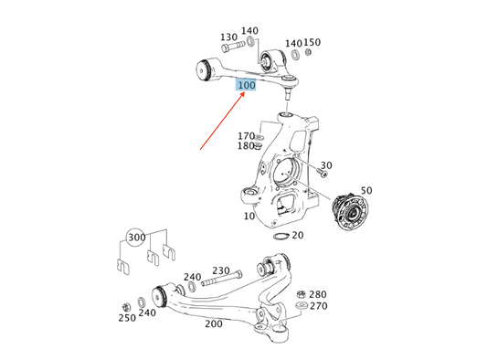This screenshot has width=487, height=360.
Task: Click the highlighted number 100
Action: (246, 85)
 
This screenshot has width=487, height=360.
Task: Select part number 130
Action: (228, 37)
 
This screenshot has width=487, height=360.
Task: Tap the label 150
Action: (312, 43)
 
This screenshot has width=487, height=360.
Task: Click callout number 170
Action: (246, 136)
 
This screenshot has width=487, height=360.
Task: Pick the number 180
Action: (246, 146)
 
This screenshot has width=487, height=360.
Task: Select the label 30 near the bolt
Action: (326, 165)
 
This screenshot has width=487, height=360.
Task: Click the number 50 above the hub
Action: (366, 190)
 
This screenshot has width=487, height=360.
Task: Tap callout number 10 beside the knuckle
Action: (249, 217)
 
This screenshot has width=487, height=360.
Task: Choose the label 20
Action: (297, 235)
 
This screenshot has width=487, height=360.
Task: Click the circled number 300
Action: (137, 238)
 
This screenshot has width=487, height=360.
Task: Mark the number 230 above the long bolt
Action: (221, 270)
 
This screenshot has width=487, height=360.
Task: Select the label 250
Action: (126, 317)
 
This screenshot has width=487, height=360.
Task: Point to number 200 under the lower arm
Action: (213, 323)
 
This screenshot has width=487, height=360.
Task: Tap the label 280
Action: (317, 294)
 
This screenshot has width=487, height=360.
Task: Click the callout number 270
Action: (317, 306)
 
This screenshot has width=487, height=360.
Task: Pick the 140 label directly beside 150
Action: (293, 43)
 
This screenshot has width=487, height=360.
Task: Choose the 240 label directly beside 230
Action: (192, 277)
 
